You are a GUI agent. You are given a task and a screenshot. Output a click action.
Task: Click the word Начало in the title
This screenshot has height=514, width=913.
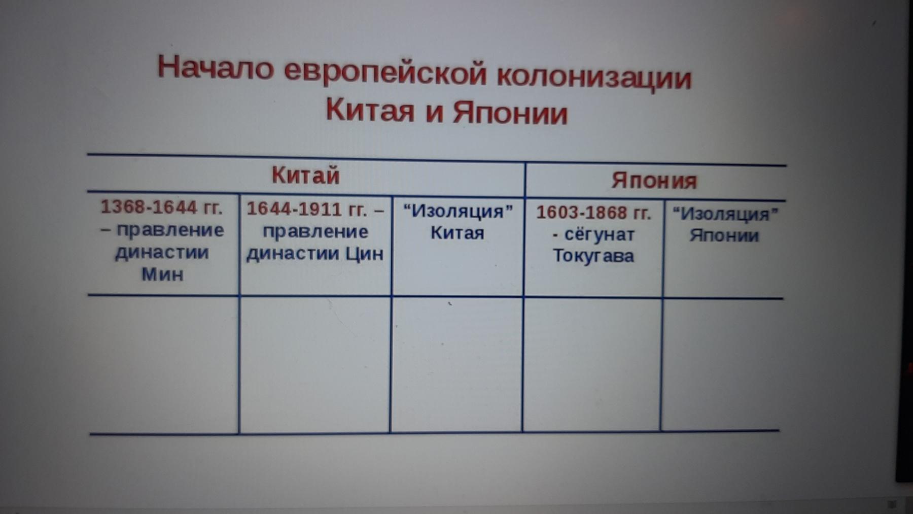(x=216, y=67)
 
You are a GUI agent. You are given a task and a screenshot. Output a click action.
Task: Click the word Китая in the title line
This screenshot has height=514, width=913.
(x=370, y=110)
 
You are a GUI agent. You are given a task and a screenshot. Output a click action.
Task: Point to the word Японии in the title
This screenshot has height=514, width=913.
(x=510, y=112)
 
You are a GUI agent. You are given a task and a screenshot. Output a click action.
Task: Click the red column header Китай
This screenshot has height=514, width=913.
(x=305, y=176)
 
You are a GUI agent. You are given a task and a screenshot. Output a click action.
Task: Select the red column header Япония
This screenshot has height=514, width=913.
(x=654, y=181)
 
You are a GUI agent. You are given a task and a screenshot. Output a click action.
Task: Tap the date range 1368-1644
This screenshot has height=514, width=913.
(x=149, y=207)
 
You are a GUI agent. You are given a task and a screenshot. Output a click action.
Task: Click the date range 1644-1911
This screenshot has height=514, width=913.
(x=294, y=209)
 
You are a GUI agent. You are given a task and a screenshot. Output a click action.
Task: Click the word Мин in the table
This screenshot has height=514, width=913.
(x=162, y=274)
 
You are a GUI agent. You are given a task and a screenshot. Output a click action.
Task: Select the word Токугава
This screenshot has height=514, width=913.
(x=593, y=255)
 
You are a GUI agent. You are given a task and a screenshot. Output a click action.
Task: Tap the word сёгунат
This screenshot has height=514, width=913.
(x=599, y=234)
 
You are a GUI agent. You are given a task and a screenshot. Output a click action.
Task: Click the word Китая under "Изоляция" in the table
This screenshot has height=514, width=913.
(x=457, y=233)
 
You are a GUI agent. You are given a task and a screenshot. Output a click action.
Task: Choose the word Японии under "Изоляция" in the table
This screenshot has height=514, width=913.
(x=724, y=235)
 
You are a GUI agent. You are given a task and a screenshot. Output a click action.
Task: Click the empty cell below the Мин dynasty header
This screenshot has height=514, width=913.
(x=163, y=364)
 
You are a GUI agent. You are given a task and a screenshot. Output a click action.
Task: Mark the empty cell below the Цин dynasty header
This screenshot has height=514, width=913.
(x=315, y=364)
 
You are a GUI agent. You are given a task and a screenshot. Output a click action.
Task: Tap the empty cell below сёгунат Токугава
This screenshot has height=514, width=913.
(x=592, y=364)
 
